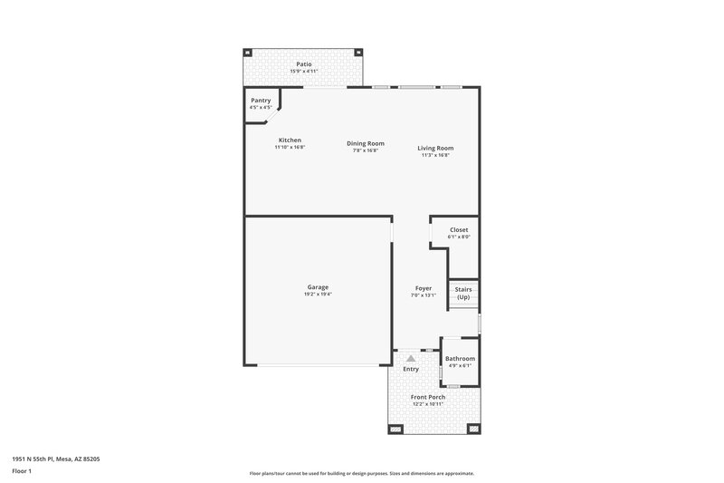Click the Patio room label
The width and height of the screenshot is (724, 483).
(x=304, y=64)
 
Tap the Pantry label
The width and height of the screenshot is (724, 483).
(x=261, y=101)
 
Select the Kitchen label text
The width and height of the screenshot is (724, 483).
(x=290, y=140)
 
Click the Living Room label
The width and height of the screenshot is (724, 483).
(x=435, y=148)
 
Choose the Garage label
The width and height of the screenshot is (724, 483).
(x=318, y=287)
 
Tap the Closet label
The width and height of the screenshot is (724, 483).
(x=459, y=230)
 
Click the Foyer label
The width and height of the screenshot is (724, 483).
(x=424, y=288)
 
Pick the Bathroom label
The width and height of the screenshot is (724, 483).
(x=460, y=359)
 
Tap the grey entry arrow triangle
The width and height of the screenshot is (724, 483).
(x=411, y=359)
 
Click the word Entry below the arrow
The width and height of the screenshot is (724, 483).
(x=411, y=369)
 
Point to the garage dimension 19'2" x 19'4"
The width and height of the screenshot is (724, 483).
(x=318, y=294)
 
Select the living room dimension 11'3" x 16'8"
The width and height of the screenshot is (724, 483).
(x=435, y=155)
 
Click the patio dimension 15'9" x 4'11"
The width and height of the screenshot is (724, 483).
(x=304, y=71)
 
